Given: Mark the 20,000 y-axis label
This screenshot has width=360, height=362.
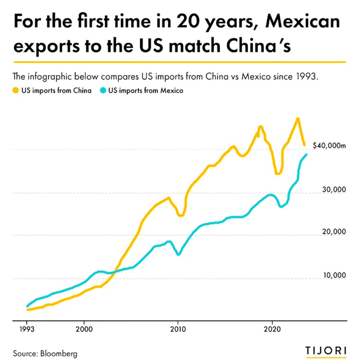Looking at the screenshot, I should pyautogui.click(x=333, y=232).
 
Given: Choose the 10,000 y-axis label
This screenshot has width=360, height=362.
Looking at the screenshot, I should pyautogui.click(x=333, y=275).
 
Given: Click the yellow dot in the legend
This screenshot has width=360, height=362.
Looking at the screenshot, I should pyautogui.click(x=16, y=90).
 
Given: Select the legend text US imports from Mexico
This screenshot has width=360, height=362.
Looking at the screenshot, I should pyautogui.click(x=143, y=90).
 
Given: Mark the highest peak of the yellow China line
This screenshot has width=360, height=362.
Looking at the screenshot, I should pyautogui.click(x=298, y=118).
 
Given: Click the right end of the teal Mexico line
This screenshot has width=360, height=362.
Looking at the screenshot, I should pyautogui.click(x=306, y=155).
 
